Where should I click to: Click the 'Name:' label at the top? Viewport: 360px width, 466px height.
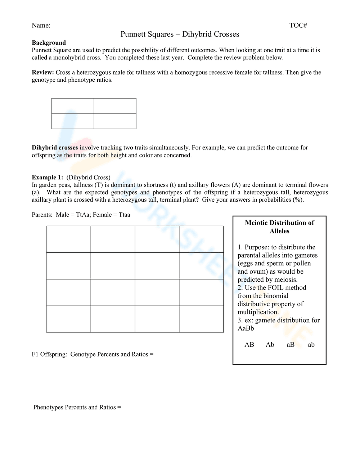click(41, 25)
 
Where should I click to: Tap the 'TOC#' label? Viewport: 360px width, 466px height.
click(298, 25)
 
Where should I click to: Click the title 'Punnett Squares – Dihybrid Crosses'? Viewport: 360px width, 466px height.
click(180, 34)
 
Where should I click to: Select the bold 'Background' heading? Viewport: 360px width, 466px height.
click(49, 42)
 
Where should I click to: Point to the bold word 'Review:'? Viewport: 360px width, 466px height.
click(43, 72)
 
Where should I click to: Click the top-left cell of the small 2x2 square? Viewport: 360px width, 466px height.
click(73, 106)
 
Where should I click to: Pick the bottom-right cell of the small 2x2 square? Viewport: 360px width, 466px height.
click(115, 121)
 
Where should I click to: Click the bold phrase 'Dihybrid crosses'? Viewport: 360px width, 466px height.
click(55, 148)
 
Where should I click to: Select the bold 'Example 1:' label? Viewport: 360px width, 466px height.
click(48, 177)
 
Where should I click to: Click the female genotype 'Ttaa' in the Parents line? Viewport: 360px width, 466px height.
click(122, 215)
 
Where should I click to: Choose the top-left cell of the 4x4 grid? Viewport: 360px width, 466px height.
click(68, 239)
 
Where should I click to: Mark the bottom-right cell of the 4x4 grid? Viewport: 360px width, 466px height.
click(201, 319)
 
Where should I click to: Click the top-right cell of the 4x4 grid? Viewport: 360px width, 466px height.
click(201, 239)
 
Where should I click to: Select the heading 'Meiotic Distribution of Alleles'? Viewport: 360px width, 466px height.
click(279, 227)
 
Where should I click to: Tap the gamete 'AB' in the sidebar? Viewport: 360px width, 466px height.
click(249, 345)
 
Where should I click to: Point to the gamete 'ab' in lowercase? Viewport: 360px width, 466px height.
click(311, 345)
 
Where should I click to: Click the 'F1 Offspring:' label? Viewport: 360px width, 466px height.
click(49, 354)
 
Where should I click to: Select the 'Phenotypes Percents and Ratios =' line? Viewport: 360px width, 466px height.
click(77, 407)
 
